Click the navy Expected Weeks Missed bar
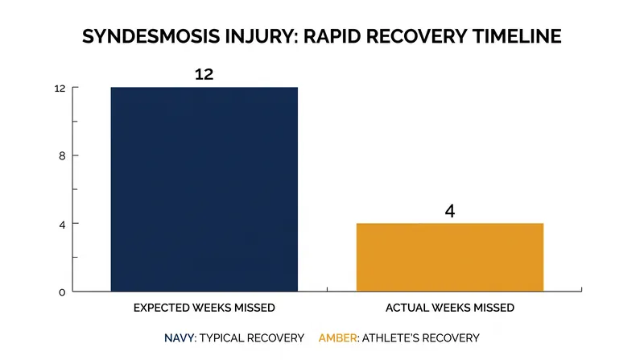[204, 189]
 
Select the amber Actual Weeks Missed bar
[450, 257]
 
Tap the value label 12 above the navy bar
[204, 74]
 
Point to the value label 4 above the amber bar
[450, 211]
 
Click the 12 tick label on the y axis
[60, 89]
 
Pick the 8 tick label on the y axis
[62, 155]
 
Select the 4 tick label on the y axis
[62, 225]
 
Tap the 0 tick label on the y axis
[62, 292]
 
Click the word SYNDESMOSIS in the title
[151, 36]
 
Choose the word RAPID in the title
[332, 36]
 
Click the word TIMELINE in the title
[517, 36]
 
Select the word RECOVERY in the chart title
[416, 36]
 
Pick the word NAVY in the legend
[179, 338]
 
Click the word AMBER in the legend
[337, 338]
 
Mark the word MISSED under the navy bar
[254, 308]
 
